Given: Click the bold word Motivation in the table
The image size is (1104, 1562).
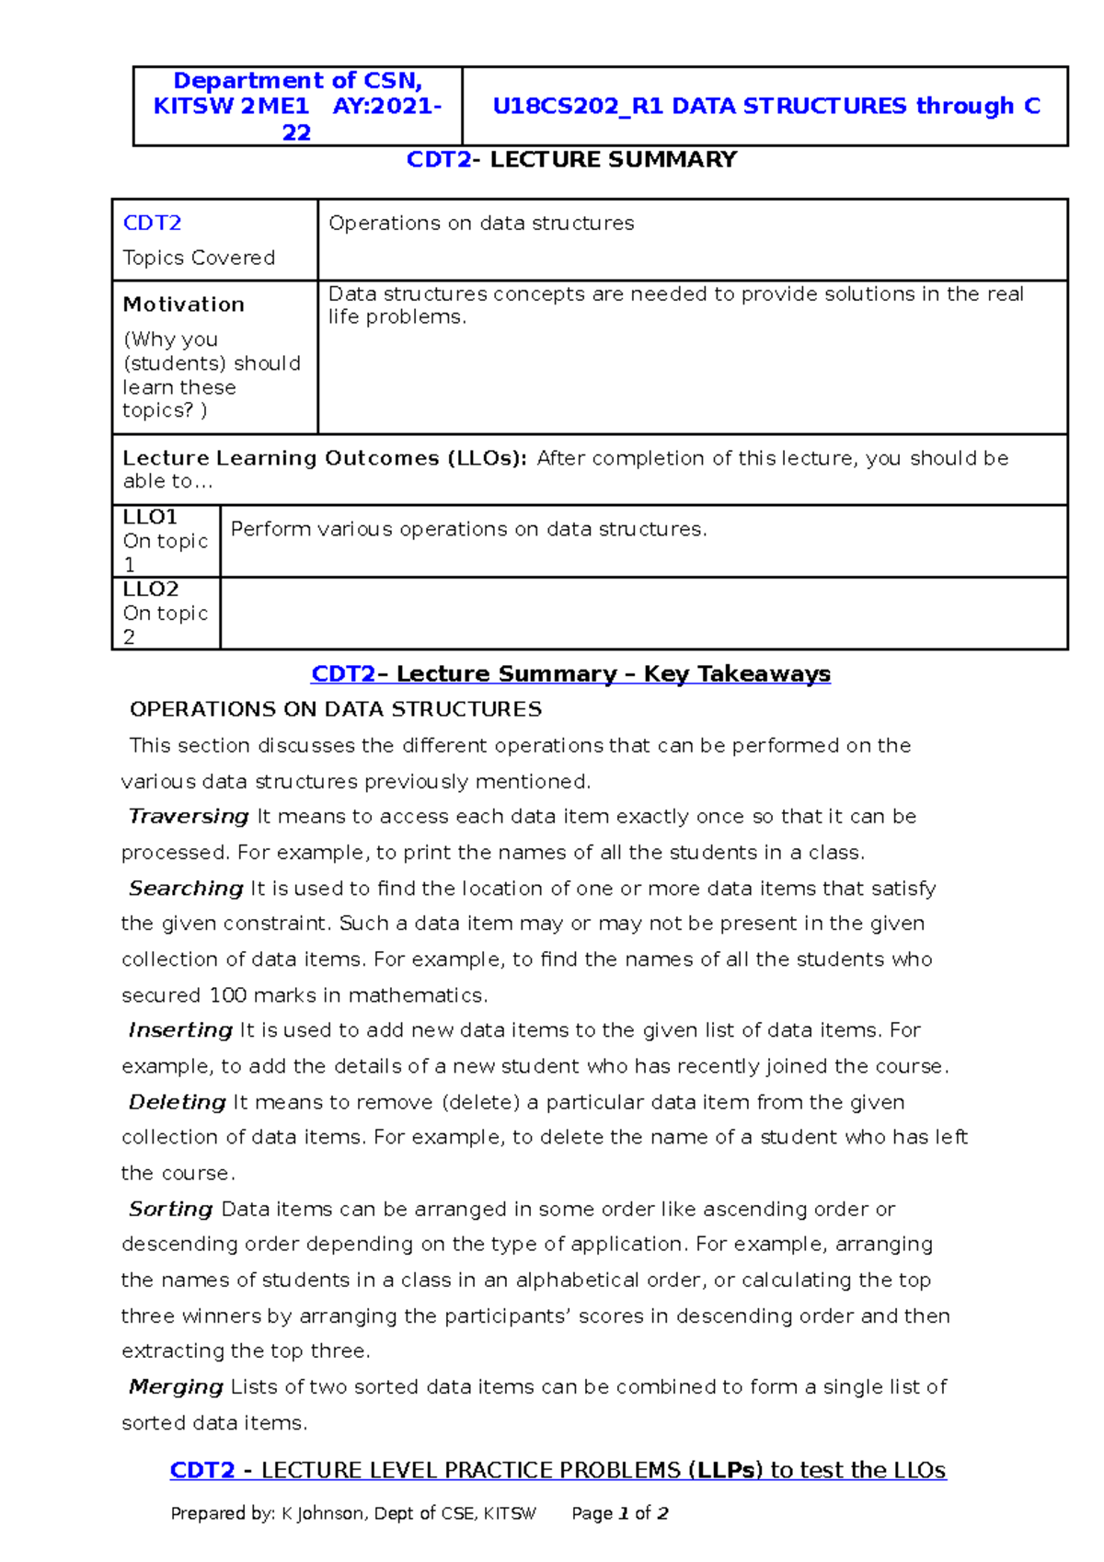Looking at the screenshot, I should [x=183, y=304].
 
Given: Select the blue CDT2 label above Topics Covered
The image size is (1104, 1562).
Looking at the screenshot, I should [x=152, y=223].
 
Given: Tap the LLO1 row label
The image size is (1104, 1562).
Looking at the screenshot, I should [x=150, y=517].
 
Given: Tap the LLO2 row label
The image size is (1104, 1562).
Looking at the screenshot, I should [x=151, y=589].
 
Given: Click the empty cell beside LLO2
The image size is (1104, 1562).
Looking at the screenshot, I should [x=643, y=614].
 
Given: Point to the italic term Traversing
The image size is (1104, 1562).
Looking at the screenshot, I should [x=189, y=817].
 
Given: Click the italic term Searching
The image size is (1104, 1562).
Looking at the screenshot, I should [x=186, y=889].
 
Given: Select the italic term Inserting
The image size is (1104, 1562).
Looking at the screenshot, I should [x=180, y=1030].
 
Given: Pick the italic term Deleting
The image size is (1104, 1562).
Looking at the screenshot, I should [x=178, y=1102].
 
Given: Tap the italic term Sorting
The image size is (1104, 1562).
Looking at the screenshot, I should [x=171, y=1209].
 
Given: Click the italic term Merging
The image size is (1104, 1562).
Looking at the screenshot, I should [x=176, y=1387].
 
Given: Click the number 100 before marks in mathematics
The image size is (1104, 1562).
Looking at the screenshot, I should [x=227, y=995].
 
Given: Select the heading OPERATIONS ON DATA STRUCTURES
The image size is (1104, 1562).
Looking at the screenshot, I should [x=336, y=709].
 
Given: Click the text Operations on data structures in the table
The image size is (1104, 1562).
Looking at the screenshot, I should [x=481, y=224].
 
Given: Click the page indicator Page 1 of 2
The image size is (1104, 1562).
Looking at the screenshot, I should [x=619, y=1514].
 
